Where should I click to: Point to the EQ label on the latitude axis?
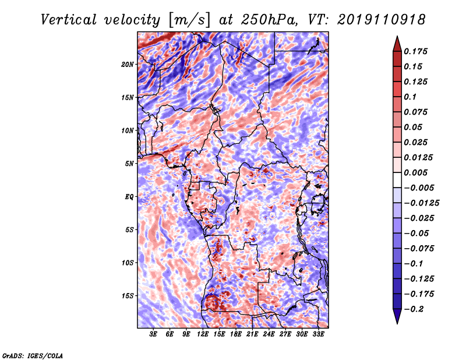pyautogui.click(x=129, y=197)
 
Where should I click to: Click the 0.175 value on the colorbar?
pyautogui.click(x=417, y=51)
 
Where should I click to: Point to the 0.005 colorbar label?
pyautogui.click(x=417, y=172)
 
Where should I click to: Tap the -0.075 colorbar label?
pyautogui.click(x=419, y=248)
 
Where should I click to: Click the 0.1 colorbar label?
pyautogui.click(x=412, y=97)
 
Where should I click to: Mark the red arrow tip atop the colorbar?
pyautogui.click(x=397, y=39)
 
